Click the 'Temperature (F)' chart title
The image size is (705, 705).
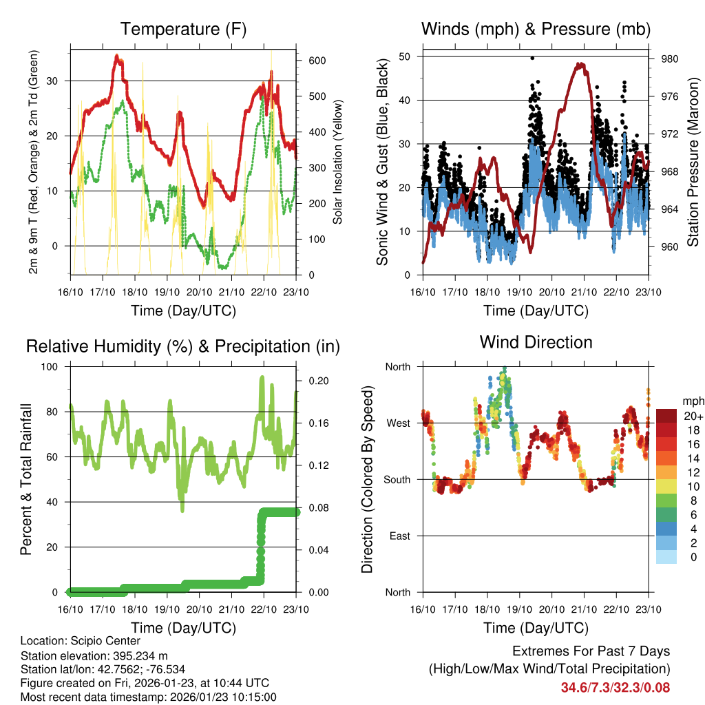pyautogui.click(x=183, y=30)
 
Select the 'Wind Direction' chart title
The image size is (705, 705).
pyautogui.click(x=536, y=342)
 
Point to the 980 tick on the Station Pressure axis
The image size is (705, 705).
pyautogui.click(x=670, y=59)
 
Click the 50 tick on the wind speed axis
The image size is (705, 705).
pyautogui.click(x=406, y=56)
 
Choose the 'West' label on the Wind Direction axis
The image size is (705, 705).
pyautogui.click(x=397, y=423)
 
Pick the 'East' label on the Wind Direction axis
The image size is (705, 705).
pyautogui.click(x=399, y=536)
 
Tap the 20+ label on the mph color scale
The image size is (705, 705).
pyautogui.click(x=693, y=416)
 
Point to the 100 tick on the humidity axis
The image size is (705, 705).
pyautogui.click(x=52, y=366)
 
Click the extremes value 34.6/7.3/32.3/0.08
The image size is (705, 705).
pyautogui.click(x=615, y=687)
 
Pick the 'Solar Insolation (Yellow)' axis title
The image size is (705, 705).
pyautogui.click(x=338, y=162)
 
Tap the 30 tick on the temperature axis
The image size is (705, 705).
pyautogui.click(x=57, y=81)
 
